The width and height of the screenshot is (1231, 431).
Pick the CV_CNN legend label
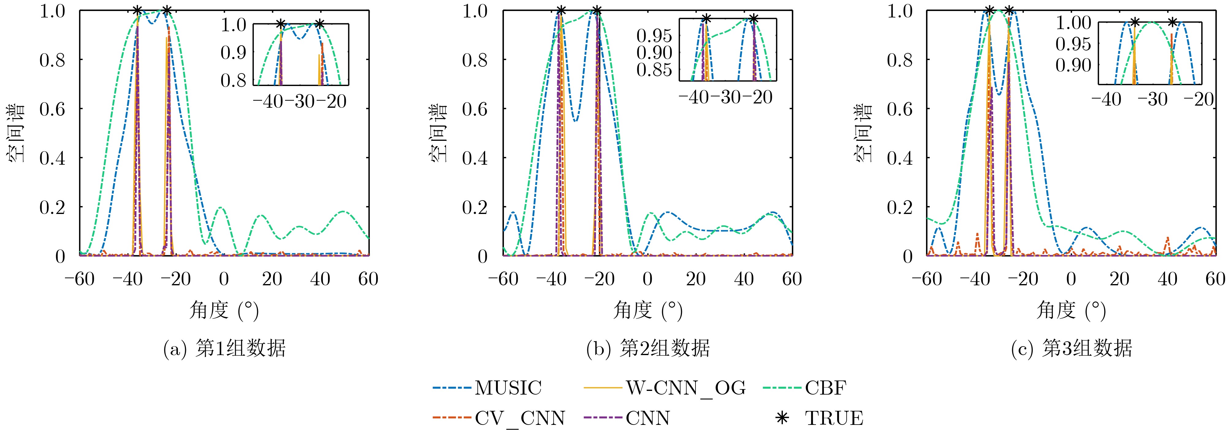pyautogui.click(x=520, y=418)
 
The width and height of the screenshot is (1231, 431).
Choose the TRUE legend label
pyautogui.click(x=834, y=418)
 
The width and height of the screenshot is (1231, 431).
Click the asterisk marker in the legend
pyautogui.click(x=782, y=418)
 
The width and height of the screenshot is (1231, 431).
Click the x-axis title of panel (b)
pyautogui.click(x=647, y=311)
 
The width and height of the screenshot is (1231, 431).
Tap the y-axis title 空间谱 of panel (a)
pyautogui.click(x=17, y=133)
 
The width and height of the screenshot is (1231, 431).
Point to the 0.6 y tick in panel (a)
pyautogui.click(x=52, y=109)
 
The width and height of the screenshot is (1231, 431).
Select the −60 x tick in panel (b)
pyautogui.click(x=503, y=279)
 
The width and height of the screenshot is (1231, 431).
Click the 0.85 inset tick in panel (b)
pyautogui.click(x=654, y=70)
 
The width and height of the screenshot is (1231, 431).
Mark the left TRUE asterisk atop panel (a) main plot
pyautogui.click(x=137, y=10)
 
